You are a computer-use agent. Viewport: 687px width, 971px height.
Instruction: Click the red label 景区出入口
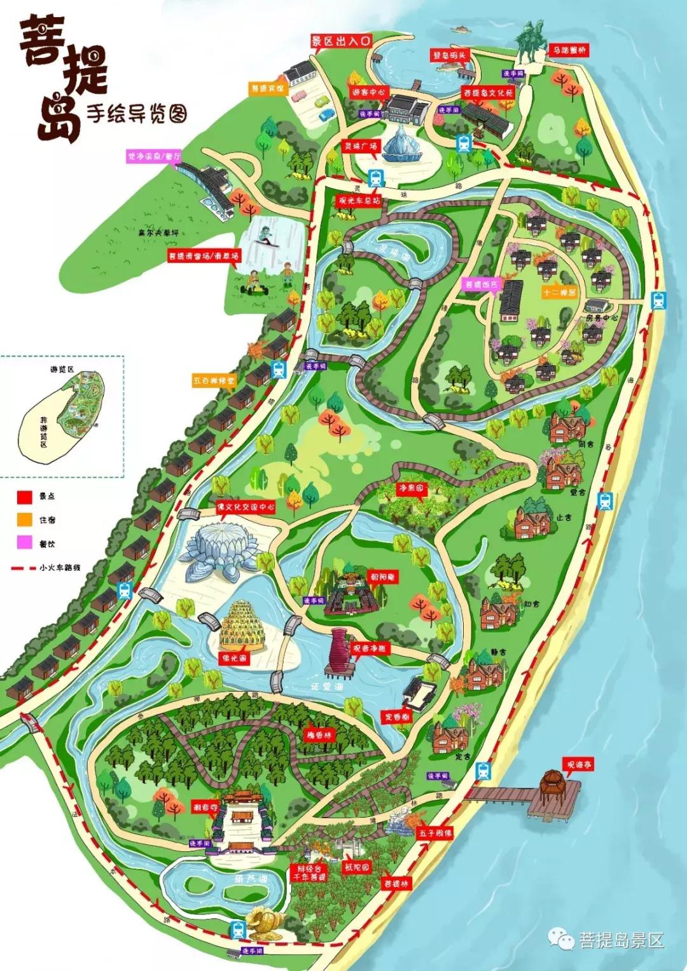pos(340,41)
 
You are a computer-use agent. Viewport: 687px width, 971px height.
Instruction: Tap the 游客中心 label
pos(368,92)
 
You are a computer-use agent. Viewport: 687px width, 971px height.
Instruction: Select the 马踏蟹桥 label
pos(569,50)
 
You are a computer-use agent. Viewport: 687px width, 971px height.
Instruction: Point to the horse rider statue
pos(531,41)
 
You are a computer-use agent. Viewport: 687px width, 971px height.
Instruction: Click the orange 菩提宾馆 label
pos(268,88)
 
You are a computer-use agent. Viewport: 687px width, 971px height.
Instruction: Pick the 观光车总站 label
pos(359,200)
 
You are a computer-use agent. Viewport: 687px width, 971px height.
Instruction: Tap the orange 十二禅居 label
pos(559,293)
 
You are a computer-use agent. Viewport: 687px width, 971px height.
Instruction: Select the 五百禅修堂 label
pos(214,381)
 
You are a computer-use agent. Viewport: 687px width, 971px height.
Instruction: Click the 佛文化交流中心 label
pos(246,507)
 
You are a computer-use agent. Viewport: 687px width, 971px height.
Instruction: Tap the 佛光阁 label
pos(234,658)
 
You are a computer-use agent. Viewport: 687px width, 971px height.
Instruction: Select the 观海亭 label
pos(578,764)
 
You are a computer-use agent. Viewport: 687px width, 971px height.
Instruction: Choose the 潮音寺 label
pos(205,807)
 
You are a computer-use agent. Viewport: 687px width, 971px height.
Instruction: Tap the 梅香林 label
pos(319,734)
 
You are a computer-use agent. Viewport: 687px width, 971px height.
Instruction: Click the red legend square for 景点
pos(25,496)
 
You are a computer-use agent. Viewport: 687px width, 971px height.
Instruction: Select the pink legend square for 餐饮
pos(25,543)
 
